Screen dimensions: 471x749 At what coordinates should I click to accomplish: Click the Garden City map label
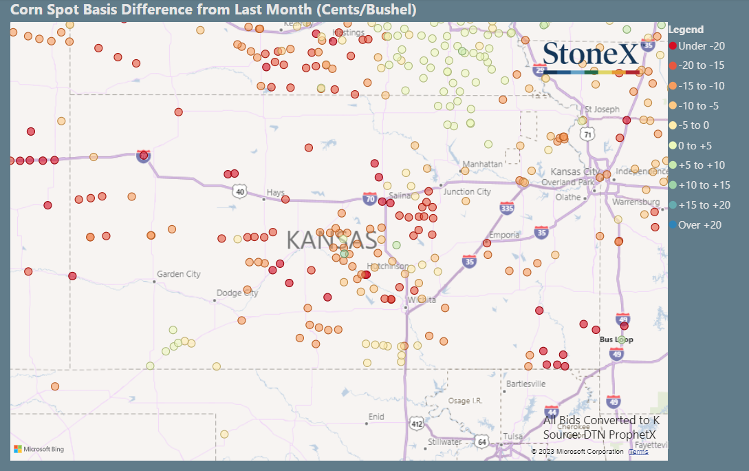coord(179,274)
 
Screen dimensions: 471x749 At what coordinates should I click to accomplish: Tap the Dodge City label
coord(237,293)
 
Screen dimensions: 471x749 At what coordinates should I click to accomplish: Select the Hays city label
coord(275,193)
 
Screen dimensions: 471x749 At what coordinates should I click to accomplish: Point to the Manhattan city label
coord(483,165)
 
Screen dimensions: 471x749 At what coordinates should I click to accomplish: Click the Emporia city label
coord(504,235)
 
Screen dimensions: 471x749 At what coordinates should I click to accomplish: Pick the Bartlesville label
coord(525,384)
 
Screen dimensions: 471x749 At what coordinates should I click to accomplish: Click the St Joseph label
coord(602,109)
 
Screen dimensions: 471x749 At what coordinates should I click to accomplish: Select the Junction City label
coord(468,192)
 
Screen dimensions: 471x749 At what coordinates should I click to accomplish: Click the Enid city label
coord(376,417)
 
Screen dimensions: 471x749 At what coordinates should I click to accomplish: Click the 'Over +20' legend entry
coord(699,225)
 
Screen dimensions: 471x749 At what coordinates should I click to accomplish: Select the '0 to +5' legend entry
coord(695,145)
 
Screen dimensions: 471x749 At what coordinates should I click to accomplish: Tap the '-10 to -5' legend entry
coord(698,106)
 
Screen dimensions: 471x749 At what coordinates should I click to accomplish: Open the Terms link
coord(638,452)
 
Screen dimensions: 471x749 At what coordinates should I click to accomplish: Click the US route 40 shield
coord(239,191)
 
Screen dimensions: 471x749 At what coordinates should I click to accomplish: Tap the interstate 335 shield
coord(508,208)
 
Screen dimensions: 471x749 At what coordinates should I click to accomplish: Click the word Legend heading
coord(686,30)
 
